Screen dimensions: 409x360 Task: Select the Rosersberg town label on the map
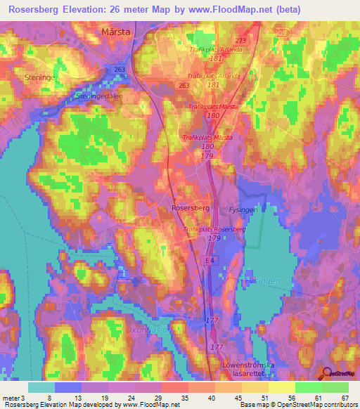click(x=191, y=209)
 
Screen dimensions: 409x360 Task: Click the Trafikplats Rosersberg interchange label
click(x=213, y=230)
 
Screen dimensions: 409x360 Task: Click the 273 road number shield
click(x=241, y=41)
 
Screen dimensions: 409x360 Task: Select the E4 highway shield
click(x=208, y=261)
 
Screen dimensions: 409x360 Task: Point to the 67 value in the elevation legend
click(x=344, y=397)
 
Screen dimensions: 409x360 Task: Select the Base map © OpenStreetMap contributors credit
click(x=296, y=405)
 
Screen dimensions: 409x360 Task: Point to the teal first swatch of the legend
click(x=41, y=387)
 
